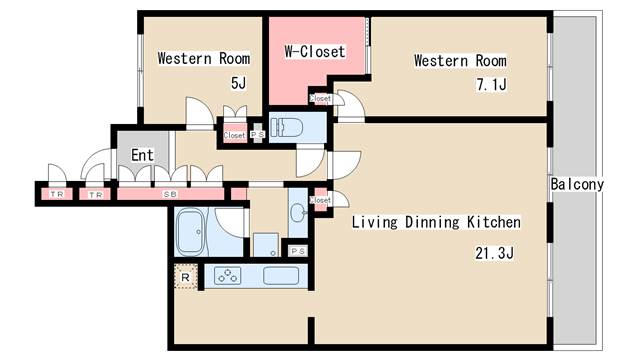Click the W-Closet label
pos(315,52)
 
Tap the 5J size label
pos(239,83)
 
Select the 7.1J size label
pos(491,84)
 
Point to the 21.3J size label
pos(494,253)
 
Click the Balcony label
pos(577,184)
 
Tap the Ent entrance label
pos(142,155)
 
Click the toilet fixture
pos(287,127)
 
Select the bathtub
pos(191,232)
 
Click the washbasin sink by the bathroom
pos(298,212)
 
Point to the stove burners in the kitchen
pos(227,276)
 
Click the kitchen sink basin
pos(281,276)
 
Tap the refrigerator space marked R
pos(186,277)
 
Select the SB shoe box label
pos(170,194)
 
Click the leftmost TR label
pos(57,194)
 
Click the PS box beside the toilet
pos(257,133)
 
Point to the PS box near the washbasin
pos(298,251)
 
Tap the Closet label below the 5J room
pos(234,135)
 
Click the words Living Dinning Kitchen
pos(436,222)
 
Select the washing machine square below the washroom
pos(266,244)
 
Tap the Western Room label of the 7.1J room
pos(460,61)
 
